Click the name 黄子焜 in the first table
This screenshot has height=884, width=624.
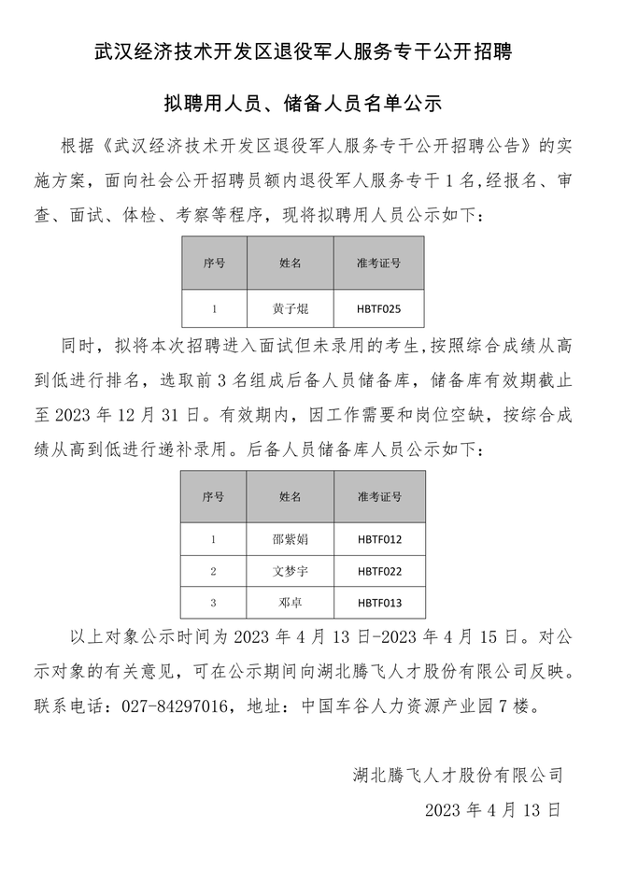coord(290,307)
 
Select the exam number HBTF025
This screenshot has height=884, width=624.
coord(378,307)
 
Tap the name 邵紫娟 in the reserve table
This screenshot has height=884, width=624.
coord(290,539)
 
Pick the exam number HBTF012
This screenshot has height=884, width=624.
coord(378,539)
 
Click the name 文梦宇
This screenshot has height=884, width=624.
coord(290,570)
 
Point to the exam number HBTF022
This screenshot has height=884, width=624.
coord(378,570)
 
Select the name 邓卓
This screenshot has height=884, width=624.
coord(290,602)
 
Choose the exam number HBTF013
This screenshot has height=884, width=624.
coord(378,602)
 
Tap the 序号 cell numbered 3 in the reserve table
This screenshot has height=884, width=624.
coord(214,602)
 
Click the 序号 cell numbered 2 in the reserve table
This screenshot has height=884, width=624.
coord(214,570)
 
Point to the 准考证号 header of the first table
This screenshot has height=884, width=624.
coord(378,263)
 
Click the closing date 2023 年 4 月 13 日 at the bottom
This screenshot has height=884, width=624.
coord(492,809)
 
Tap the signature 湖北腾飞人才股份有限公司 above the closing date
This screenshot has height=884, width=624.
coord(458,775)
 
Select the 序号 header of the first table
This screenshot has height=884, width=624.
coord(214,263)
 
